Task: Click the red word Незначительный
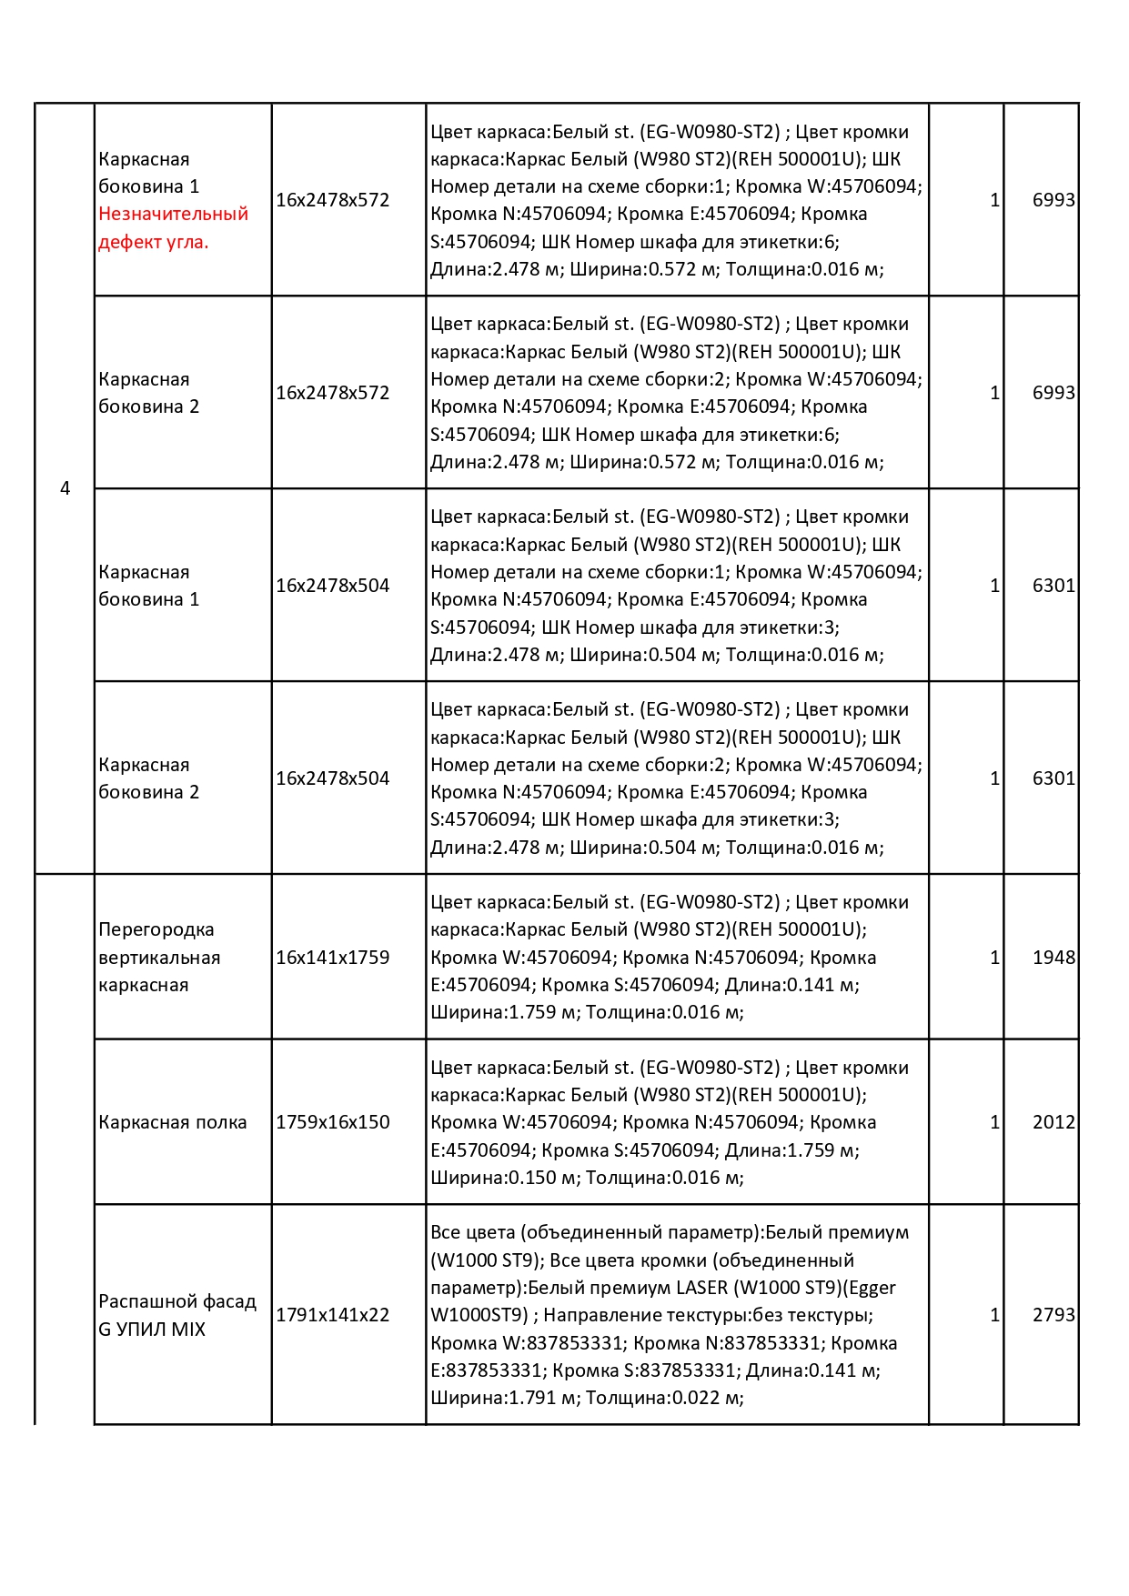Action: pos(173,214)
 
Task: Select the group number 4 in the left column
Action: pos(65,488)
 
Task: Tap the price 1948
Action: pos(1053,957)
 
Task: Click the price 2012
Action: pos(1053,1121)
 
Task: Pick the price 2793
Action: pos(1053,1314)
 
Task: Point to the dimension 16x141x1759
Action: pos(332,957)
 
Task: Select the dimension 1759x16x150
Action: pos(332,1121)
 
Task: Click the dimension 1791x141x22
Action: pos(332,1314)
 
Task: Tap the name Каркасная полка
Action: pos(172,1122)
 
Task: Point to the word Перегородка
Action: pos(156,929)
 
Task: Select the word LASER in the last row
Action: pos(701,1288)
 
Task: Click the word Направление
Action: pos(602,1315)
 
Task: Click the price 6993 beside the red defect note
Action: pos(1053,199)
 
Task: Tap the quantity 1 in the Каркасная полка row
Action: pos(994,1121)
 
